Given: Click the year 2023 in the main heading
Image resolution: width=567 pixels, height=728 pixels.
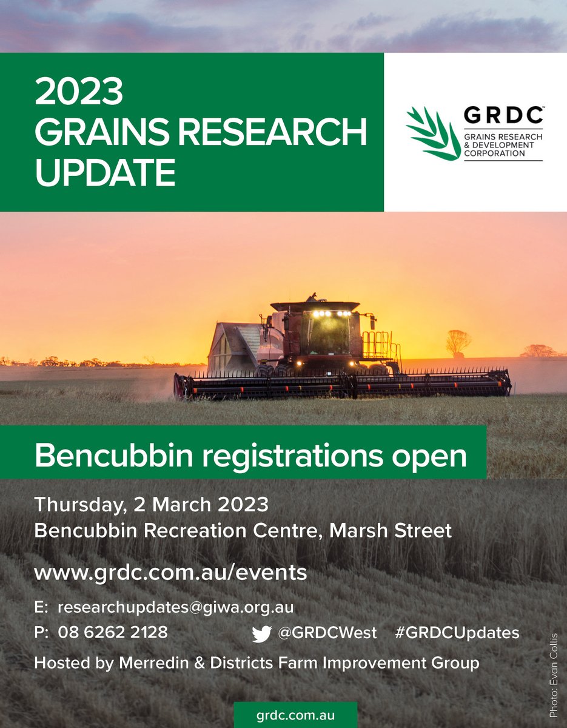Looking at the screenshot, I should point(79,92).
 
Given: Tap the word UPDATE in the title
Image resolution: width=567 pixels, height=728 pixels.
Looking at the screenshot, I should point(105,172).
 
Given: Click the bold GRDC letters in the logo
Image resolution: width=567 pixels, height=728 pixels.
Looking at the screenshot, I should point(503,115).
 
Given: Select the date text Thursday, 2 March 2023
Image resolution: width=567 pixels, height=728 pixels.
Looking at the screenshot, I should point(151,504).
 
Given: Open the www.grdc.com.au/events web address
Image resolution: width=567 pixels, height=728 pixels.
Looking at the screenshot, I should point(170,572).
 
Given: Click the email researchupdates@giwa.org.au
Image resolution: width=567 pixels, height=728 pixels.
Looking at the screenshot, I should point(175,607).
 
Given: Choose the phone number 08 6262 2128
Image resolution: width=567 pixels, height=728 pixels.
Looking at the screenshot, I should point(113,632).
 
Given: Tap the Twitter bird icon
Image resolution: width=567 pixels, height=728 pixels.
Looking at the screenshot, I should point(261,634).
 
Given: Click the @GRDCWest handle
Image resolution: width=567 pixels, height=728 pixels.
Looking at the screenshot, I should point(327,633).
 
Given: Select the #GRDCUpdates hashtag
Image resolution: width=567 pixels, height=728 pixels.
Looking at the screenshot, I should point(457,633).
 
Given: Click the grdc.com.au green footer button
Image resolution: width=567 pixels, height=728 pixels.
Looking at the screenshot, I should point(295,715).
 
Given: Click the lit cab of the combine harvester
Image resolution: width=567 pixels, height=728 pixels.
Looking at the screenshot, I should point(326,332).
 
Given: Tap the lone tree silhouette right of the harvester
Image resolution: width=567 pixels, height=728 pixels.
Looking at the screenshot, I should point(458,342).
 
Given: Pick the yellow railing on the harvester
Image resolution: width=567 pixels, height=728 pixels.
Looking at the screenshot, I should point(381,345).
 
